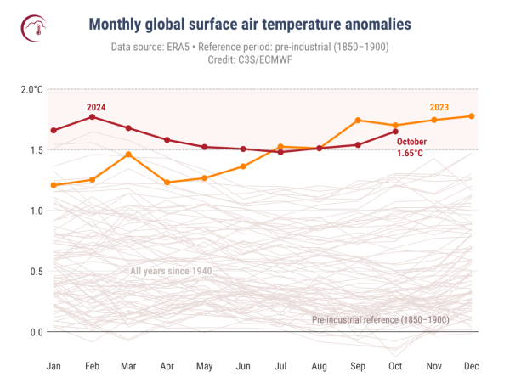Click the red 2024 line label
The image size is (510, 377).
point(96,107)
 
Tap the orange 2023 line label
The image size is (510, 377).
point(439,107)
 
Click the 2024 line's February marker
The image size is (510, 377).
point(92,116)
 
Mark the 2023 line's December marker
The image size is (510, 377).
point(472,116)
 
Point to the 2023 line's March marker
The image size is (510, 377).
point(129,155)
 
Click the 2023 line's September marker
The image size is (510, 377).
point(358,121)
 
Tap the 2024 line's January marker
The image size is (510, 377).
point(54,131)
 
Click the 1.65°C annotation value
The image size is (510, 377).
point(411,154)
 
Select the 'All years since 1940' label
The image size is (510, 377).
point(171,271)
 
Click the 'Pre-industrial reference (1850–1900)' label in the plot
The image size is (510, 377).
point(380,320)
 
